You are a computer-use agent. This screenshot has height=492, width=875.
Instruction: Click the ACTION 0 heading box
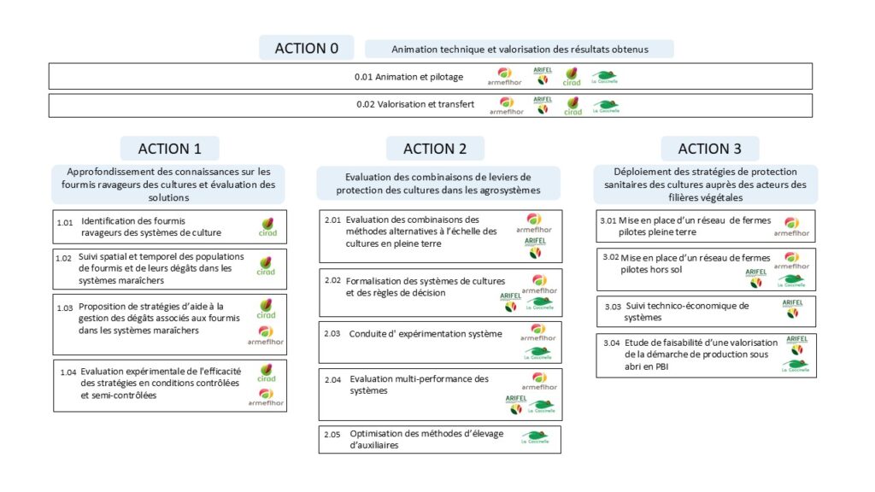[307, 48]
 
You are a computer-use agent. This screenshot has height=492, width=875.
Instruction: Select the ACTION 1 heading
[170, 149]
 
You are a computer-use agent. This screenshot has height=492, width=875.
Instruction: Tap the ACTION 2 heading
[435, 149]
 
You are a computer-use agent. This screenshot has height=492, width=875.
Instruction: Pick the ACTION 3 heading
[710, 149]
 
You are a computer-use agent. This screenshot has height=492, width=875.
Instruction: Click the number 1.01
[65, 223]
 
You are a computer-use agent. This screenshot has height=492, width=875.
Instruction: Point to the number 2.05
[332, 434]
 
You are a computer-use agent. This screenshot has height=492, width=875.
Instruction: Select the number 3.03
[613, 307]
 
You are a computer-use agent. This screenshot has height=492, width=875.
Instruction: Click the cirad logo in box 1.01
[267, 227]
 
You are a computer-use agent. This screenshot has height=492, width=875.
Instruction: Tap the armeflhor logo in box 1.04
[267, 397]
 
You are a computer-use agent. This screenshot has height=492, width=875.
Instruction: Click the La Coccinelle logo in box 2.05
[535, 436]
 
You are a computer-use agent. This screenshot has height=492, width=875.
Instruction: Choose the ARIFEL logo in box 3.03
[792, 308]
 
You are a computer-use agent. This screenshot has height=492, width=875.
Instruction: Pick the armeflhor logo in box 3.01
[791, 227]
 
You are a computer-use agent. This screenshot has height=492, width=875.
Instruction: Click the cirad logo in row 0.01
[572, 76]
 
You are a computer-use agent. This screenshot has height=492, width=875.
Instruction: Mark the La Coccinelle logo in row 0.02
[606, 106]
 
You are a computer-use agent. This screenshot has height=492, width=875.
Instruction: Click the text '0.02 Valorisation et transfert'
[415, 104]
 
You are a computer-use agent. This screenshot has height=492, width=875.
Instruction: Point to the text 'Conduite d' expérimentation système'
[426, 334]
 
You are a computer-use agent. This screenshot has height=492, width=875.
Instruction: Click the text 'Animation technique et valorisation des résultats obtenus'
[520, 49]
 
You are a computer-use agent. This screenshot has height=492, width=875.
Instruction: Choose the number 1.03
[65, 307]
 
